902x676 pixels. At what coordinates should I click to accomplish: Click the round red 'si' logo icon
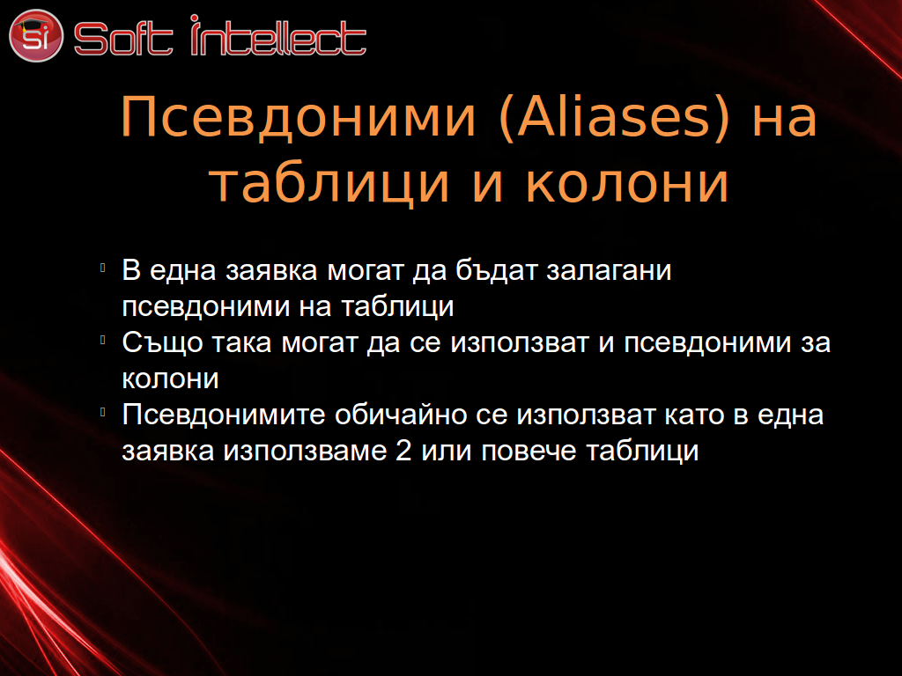pos(35,35)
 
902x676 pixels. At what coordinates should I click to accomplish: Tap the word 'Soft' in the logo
pos(123,39)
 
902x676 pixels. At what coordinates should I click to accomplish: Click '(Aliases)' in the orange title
pos(614,119)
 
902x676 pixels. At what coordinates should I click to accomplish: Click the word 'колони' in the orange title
pos(627,183)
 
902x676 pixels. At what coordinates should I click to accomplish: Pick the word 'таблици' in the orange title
pos(329,185)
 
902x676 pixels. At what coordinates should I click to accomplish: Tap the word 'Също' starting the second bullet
pos(162,343)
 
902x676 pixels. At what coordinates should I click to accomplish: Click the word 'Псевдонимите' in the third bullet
pos(223,415)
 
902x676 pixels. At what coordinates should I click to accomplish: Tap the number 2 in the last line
pos(403,450)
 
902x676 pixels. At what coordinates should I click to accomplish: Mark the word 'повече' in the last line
pos(529,452)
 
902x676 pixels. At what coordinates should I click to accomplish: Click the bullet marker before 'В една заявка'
pos(102,268)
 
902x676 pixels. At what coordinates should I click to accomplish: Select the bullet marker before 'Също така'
pos(102,340)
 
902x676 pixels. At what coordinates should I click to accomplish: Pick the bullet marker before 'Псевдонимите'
pos(102,412)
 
